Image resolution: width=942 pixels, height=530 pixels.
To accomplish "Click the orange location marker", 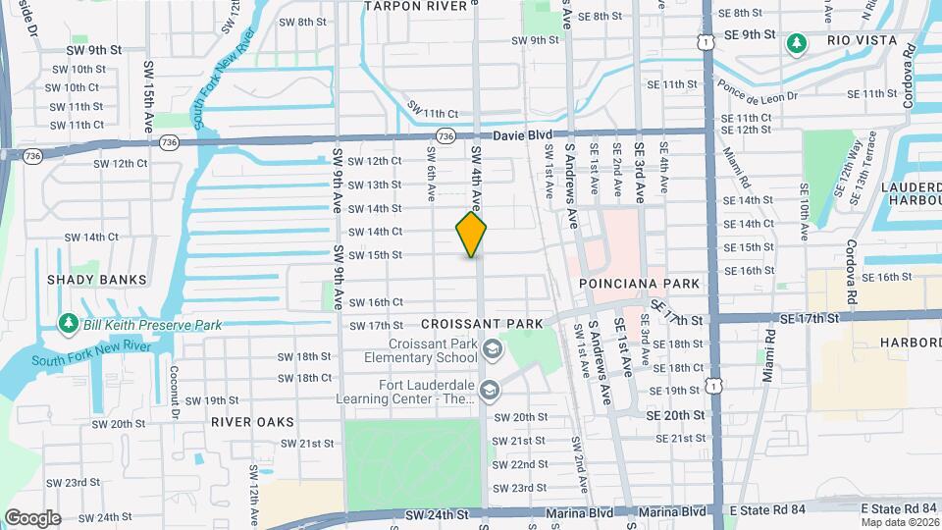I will [471, 235].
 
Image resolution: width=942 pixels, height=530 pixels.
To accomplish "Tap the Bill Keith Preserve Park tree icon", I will [68, 323].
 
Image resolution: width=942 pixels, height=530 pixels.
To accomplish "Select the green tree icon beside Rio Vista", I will [797, 42].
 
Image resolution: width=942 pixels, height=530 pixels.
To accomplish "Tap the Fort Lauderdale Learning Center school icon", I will [491, 392].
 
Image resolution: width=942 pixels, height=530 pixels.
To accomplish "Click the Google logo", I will [32, 517].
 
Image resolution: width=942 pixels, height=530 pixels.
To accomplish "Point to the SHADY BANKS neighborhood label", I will [96, 280].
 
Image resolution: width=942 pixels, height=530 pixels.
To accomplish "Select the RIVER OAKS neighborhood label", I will [252, 422].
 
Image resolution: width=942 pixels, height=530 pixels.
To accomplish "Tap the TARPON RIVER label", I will [415, 6].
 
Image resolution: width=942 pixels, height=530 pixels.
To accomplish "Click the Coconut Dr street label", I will [174, 389].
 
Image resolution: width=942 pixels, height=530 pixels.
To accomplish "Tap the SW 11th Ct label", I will [433, 114].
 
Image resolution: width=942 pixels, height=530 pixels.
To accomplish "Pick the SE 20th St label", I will [675, 416].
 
